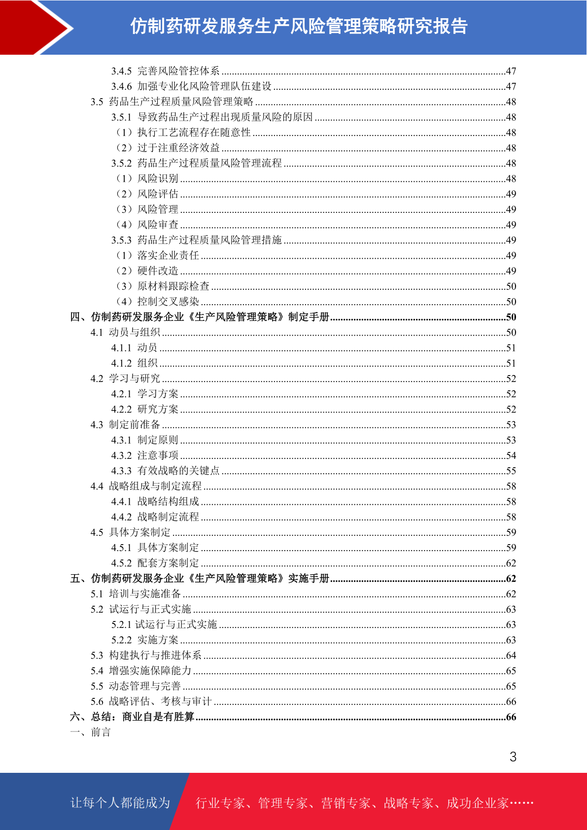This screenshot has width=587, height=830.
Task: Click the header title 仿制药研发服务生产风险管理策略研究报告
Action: click(x=299, y=27)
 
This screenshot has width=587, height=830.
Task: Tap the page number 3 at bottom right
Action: click(x=513, y=757)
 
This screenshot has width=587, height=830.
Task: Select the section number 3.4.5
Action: click(x=121, y=71)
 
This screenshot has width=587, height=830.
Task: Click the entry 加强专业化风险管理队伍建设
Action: click(x=204, y=86)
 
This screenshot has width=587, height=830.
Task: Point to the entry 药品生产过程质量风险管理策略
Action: click(x=181, y=102)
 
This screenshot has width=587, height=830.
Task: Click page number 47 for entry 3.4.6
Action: click(x=511, y=86)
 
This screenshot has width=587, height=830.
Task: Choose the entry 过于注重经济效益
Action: click(x=178, y=148)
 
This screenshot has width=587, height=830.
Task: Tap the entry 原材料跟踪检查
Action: click(x=173, y=286)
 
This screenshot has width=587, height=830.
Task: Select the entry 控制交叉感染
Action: click(x=168, y=301)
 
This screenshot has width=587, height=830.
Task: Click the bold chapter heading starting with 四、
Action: click(x=200, y=317)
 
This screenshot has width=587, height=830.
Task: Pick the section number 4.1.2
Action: click(x=121, y=363)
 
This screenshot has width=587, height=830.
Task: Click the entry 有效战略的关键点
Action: click(x=178, y=471)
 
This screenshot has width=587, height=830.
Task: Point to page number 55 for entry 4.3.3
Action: click(x=511, y=471)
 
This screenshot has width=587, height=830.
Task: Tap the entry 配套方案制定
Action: click(x=168, y=563)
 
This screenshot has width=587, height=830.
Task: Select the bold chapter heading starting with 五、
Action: click(x=200, y=578)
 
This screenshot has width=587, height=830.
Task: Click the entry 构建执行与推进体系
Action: click(x=155, y=655)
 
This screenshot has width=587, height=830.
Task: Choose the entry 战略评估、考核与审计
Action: click(x=160, y=701)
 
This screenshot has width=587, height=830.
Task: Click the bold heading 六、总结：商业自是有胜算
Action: click(x=132, y=717)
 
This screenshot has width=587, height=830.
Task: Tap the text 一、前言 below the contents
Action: click(x=90, y=732)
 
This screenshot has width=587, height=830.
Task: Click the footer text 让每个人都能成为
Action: click(x=120, y=803)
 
